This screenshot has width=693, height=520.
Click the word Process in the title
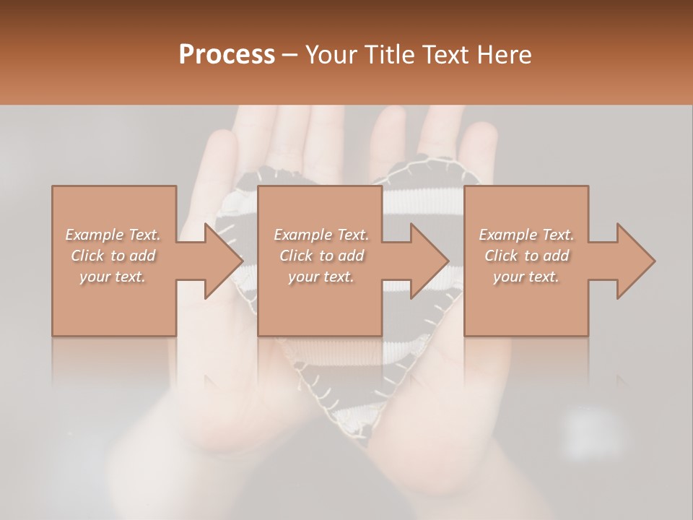[227, 54]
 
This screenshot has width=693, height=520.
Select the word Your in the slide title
[331, 54]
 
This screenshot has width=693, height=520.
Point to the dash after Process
[290, 55]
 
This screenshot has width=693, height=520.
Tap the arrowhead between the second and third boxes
[429, 261]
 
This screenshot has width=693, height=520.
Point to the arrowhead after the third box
[635, 261]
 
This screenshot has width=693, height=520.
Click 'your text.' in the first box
[113, 277]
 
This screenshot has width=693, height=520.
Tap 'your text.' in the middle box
[321, 277]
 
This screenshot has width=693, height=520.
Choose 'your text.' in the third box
[526, 277]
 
